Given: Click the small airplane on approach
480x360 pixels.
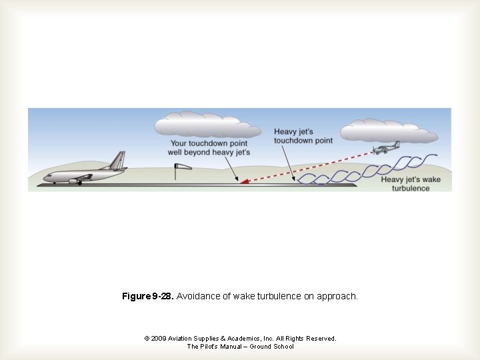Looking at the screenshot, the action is tap(386, 149).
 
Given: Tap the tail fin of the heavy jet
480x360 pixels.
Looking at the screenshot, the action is tap(118, 161).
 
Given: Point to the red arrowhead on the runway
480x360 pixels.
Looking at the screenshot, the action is tap(245, 180).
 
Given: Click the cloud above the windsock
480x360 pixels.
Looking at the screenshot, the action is tap(207, 126).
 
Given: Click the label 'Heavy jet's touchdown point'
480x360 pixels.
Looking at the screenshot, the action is tap(303, 137).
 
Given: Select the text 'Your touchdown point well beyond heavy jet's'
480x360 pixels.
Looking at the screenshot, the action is tap(209, 148).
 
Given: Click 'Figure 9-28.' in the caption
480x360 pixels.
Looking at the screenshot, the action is tap(147, 295).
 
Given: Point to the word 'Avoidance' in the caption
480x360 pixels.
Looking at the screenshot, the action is tap(197, 295).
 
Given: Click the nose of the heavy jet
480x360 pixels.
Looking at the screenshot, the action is tap(46, 178).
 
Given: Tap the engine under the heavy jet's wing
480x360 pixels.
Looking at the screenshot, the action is tap(74, 181).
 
